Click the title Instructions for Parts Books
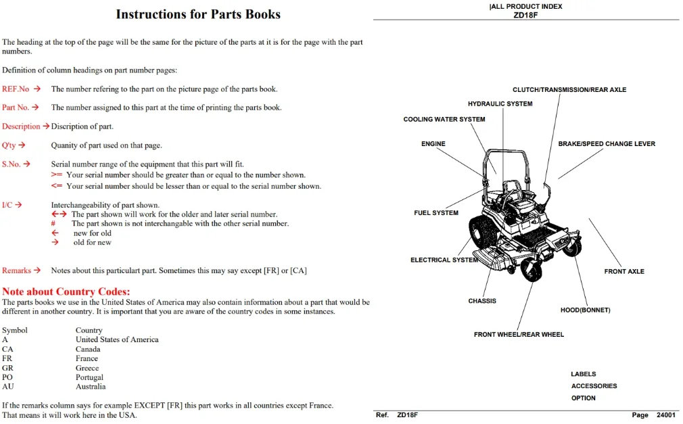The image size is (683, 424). coord(198,14)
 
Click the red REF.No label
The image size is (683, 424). coord(16,89)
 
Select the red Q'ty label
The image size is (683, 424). coord(9,145)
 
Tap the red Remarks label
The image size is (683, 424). coord(16,270)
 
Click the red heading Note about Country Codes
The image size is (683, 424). coord(66,291)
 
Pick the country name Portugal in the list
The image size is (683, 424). coord(89,377)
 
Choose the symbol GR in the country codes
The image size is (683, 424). coord(7,368)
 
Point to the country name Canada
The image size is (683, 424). coord(87,349)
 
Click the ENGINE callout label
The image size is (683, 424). coord(433,144)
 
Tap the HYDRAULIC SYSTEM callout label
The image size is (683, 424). coord(500,103)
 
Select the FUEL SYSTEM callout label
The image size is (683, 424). coord(436,212)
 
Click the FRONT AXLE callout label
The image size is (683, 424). coord(623,271)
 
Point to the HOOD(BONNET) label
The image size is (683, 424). coord(585,310)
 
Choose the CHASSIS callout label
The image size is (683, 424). coord(481,301)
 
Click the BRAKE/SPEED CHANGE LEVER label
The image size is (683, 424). coord(607,144)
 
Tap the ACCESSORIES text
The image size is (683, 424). coord(594,385)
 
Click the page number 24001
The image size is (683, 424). coord(666,415)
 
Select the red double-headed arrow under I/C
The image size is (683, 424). coord(59,214)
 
